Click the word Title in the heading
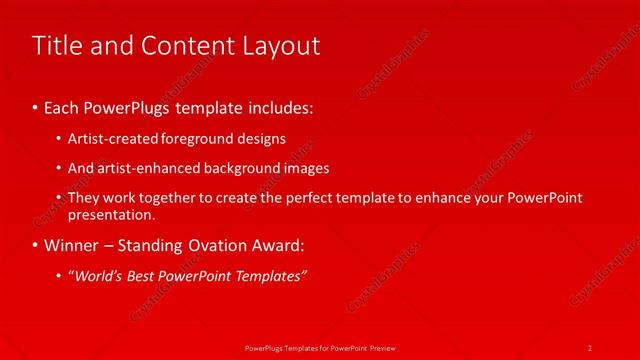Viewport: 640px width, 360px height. (x=57, y=46)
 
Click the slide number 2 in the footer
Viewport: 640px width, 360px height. (x=590, y=347)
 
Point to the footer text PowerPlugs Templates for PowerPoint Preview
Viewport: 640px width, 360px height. (x=320, y=347)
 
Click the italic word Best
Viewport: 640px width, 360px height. (x=145, y=275)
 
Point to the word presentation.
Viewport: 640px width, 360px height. (x=111, y=214)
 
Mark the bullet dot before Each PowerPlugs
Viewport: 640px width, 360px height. (x=36, y=107)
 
